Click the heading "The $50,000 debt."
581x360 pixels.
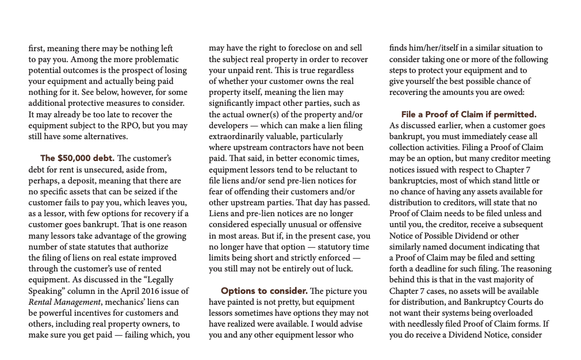(77, 158)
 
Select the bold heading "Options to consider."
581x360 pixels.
(264, 291)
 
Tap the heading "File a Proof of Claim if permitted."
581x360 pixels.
(469, 114)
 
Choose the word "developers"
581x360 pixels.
(230, 126)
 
